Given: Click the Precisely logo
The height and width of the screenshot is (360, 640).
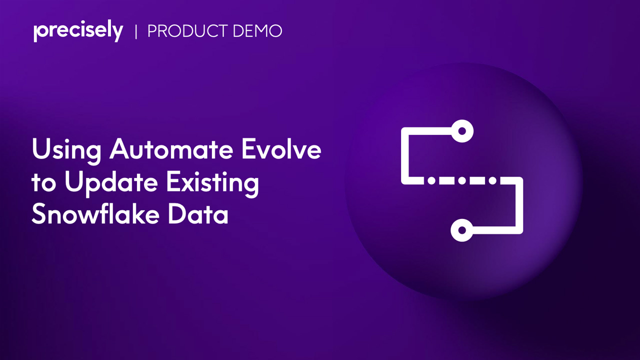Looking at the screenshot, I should [78, 31].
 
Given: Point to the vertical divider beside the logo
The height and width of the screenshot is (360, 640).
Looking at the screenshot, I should [136, 31].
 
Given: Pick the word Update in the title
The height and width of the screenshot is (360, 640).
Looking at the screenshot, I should [112, 183].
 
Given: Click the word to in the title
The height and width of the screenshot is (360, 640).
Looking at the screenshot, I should [43, 183].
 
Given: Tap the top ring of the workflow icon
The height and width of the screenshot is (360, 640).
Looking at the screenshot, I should [462, 131].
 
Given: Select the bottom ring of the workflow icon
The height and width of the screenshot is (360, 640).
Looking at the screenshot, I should [462, 231].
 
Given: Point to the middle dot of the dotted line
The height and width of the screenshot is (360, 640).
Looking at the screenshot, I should [462, 180].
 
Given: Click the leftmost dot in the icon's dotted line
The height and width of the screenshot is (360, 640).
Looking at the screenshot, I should [431, 180].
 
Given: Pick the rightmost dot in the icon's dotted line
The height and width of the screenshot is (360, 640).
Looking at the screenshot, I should [493, 180].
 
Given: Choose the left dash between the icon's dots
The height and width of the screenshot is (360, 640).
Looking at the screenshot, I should [446, 180].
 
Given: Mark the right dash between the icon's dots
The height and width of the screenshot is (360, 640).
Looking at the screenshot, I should [477, 180].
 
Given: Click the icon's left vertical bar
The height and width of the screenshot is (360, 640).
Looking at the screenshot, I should [405, 155].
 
